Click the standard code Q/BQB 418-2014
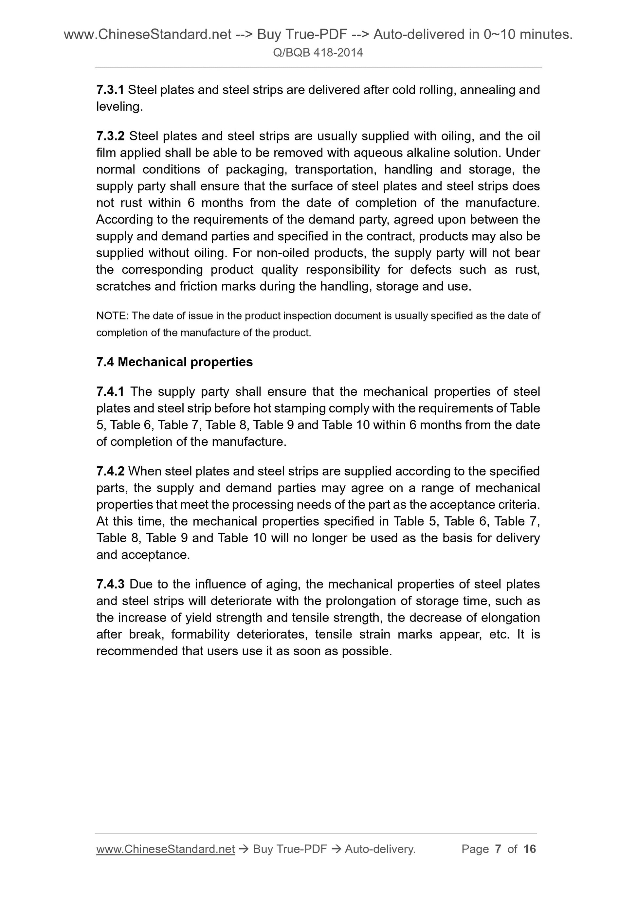point(318,53)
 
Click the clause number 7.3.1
point(110,90)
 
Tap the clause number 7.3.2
point(110,136)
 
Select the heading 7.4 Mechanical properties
point(174,362)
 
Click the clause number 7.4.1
point(110,392)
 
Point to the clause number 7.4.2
point(110,471)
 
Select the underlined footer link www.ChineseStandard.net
point(165,849)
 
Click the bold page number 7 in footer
point(498,849)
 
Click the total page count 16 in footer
point(529,849)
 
